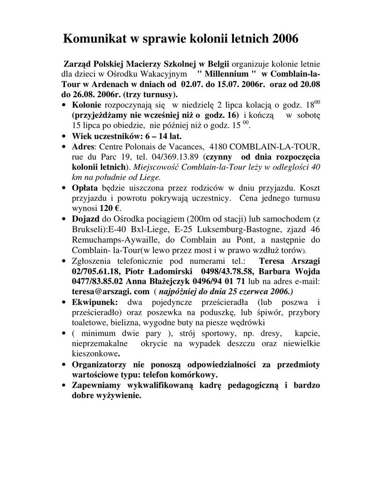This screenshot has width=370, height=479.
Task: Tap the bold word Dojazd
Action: (86, 218)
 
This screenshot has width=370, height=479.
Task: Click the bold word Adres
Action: (83, 146)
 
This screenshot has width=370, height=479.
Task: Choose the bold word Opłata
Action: (85, 188)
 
